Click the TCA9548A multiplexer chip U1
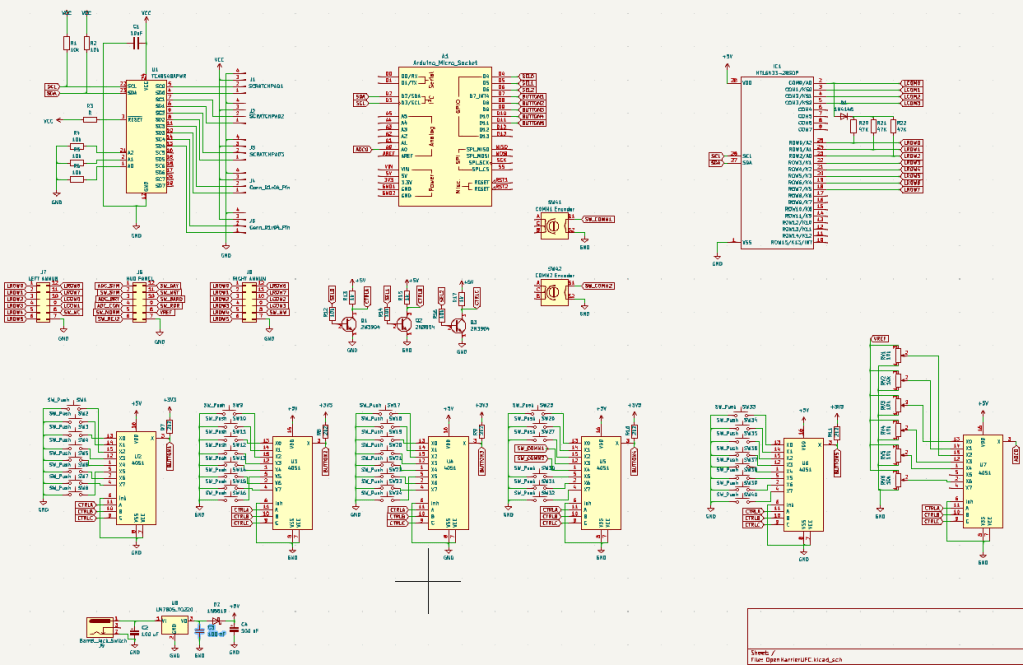pyautogui.click(x=145, y=135)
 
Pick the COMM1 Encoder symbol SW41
pyautogui.click(x=550, y=226)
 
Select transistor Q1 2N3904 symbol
pyautogui.click(x=348, y=323)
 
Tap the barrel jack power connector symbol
pyautogui.click(x=100, y=628)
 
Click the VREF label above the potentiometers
pyautogui.click(x=880, y=339)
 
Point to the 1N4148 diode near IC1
pyautogui.click(x=844, y=116)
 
